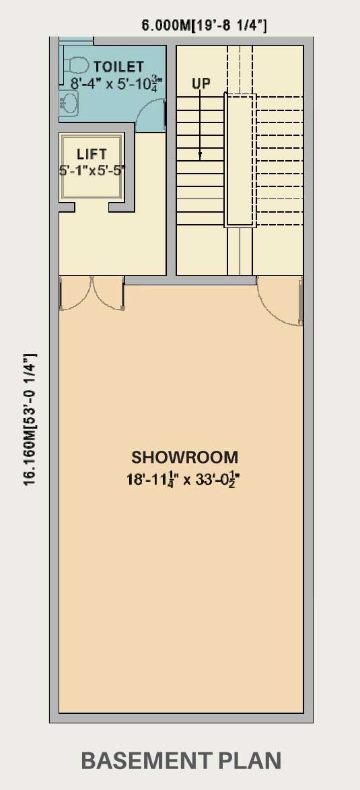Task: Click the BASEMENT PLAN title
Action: tap(181, 761)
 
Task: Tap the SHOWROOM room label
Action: tap(185, 458)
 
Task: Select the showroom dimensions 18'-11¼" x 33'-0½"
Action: tap(182, 479)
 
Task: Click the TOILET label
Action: tap(119, 67)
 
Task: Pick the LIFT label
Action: tap(92, 154)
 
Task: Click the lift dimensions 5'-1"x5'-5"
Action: tap(92, 170)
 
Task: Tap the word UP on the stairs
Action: tap(201, 83)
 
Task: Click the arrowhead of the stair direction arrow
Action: tap(200, 155)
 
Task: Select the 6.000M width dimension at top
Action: tap(204, 26)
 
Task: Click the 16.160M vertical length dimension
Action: tap(30, 419)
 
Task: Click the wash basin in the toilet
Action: tap(69, 104)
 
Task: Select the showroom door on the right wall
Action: tap(280, 300)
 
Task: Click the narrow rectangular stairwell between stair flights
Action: tap(240, 160)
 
